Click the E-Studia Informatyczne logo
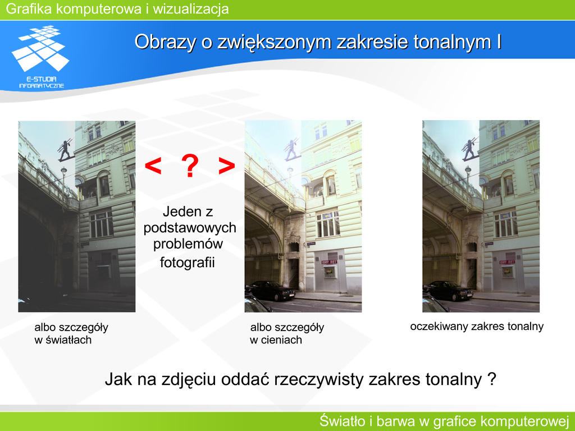(x=40, y=57)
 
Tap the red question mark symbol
(x=190, y=166)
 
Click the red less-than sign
(x=153, y=166)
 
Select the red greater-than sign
(x=226, y=166)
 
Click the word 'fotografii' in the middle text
(x=187, y=263)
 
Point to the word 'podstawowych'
(x=190, y=228)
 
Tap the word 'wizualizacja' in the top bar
(x=191, y=9)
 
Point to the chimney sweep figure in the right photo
(x=470, y=149)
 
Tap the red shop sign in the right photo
(x=507, y=262)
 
